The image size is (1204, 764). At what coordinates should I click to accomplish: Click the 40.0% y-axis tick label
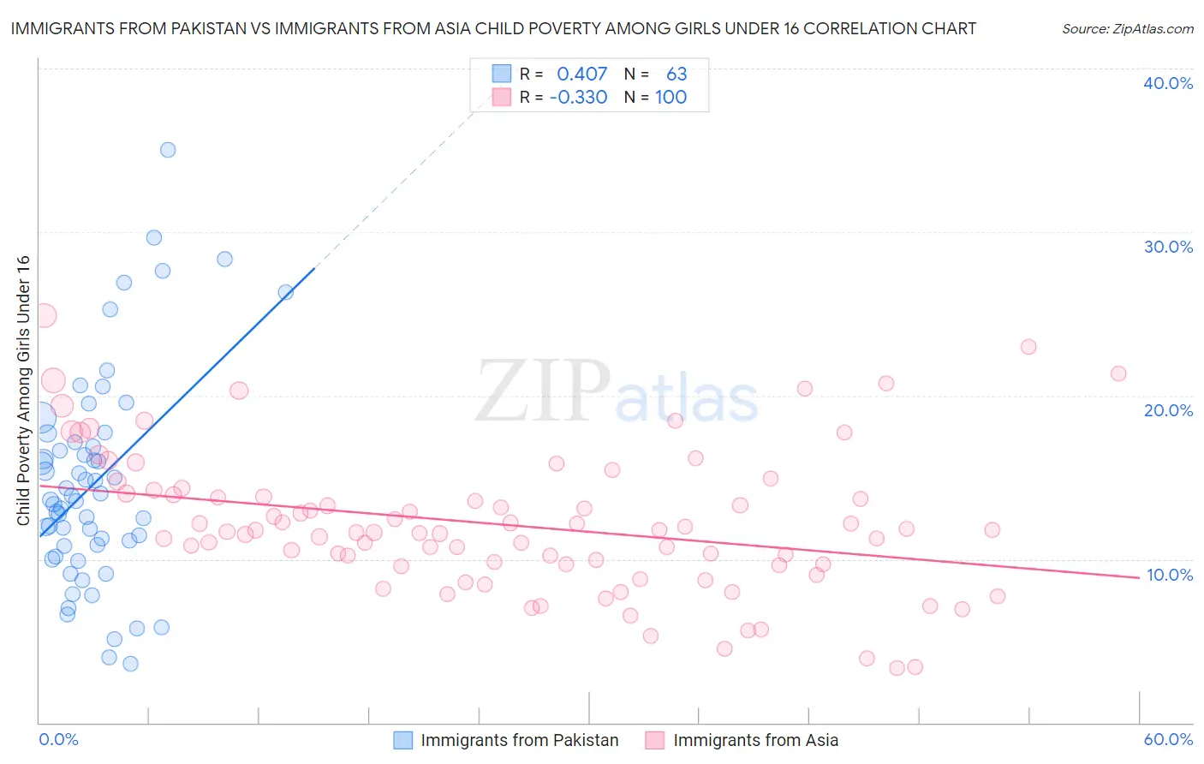(1168, 83)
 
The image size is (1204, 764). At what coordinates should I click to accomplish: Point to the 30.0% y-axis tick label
(1168, 247)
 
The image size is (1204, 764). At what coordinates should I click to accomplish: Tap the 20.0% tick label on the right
(1168, 410)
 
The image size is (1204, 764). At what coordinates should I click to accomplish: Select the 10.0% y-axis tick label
(1169, 575)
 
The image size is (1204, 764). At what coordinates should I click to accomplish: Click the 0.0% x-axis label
(58, 739)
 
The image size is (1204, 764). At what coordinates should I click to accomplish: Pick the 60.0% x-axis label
(1168, 739)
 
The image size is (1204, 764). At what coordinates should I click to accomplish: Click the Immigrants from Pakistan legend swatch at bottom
(402, 740)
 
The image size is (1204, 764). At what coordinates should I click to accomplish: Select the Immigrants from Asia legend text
(755, 740)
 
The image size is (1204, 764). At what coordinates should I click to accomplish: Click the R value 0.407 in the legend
(581, 74)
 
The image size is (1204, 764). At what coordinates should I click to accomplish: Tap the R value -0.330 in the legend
(578, 97)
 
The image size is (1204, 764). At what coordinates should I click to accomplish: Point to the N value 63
(677, 74)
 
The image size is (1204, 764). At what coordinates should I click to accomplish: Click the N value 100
(671, 97)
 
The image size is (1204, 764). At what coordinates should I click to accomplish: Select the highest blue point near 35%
(168, 150)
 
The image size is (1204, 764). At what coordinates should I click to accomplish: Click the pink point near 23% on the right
(1028, 347)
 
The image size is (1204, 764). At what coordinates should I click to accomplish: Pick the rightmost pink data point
(1118, 373)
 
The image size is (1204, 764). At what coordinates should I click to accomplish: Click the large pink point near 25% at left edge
(45, 315)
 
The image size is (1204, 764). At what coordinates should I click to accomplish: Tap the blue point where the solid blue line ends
(286, 292)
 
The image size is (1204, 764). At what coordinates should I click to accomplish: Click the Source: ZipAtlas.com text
(1127, 29)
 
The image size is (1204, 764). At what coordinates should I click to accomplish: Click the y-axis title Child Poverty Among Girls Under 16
(23, 391)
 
